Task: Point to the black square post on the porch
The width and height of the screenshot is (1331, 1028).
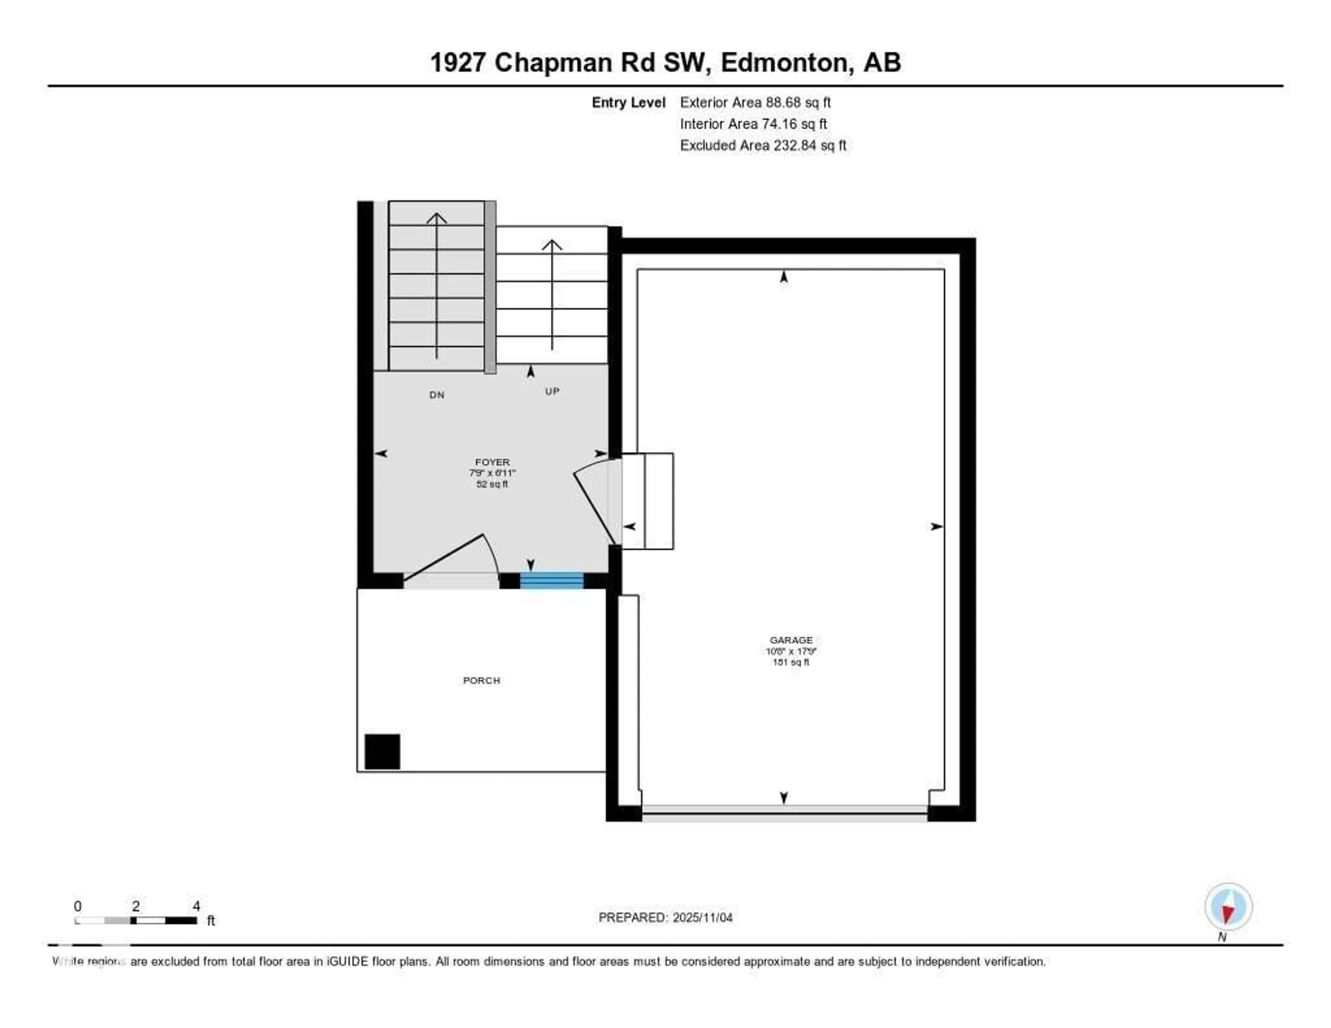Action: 382,751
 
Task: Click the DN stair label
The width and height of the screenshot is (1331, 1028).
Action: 436,395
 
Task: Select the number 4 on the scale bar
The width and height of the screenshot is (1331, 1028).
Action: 196,906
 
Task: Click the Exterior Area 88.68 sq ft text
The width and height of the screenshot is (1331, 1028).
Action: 755,102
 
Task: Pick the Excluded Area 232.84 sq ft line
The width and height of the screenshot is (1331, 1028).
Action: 763,145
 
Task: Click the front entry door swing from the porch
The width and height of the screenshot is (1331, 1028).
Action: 451,558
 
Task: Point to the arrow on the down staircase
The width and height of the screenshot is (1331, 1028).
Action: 436,286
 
